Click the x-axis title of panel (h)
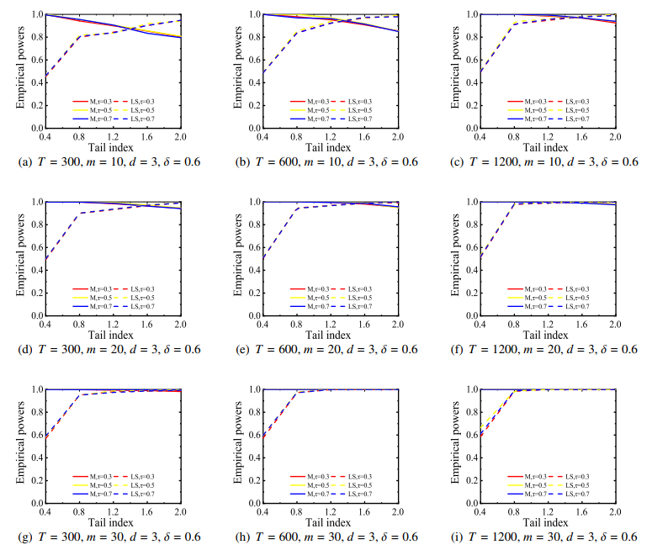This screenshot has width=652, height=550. click(331, 522)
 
